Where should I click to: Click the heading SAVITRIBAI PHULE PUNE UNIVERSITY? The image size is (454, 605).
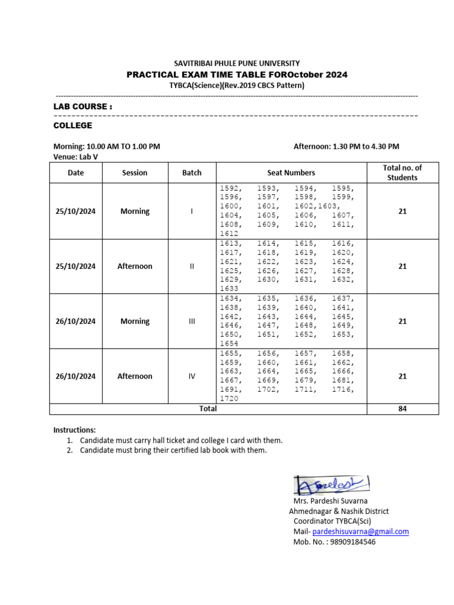click(x=236, y=63)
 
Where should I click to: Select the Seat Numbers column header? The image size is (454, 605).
click(x=291, y=173)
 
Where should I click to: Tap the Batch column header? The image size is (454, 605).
click(x=192, y=173)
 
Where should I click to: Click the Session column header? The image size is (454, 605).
click(x=135, y=173)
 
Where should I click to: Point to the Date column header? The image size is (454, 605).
click(x=76, y=173)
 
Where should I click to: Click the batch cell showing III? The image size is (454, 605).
click(x=192, y=321)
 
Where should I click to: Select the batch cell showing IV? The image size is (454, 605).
click(x=192, y=376)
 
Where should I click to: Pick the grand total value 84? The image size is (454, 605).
click(x=403, y=409)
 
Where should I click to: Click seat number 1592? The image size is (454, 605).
click(x=229, y=188)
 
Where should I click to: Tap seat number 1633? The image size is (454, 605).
click(x=229, y=289)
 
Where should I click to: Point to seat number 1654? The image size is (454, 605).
click(x=229, y=344)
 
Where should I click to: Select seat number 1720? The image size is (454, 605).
click(x=229, y=399)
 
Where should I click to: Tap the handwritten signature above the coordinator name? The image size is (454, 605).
click(x=331, y=486)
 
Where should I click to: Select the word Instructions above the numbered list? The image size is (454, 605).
click(x=74, y=430)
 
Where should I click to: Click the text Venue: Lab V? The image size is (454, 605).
click(x=76, y=157)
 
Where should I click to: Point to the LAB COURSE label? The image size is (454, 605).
click(x=83, y=106)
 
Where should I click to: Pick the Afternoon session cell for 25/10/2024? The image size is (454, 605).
click(x=135, y=266)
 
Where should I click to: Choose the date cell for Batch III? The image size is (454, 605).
click(x=76, y=321)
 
